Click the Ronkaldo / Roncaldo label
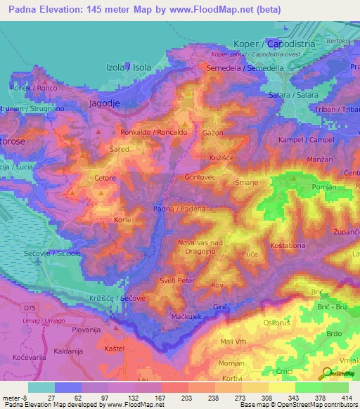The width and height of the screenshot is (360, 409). click(x=153, y=132)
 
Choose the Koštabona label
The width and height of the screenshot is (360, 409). click(x=288, y=245)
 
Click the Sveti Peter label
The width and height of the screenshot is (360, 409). click(x=177, y=280)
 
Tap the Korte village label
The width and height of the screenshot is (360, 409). click(x=123, y=220)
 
